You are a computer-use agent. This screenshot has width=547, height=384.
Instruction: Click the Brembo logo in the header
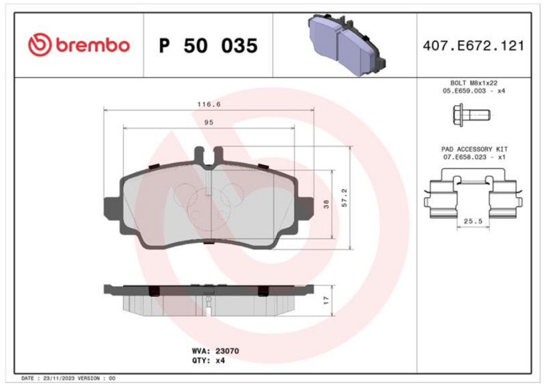(x=79, y=45)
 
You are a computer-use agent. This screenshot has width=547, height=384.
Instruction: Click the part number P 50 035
(x=209, y=46)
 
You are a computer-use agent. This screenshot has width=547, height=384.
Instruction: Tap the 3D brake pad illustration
(x=346, y=44)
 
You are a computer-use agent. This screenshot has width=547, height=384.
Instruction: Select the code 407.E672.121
(x=473, y=46)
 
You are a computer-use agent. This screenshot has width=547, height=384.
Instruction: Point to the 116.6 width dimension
(x=209, y=104)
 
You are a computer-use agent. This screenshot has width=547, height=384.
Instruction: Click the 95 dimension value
(x=209, y=123)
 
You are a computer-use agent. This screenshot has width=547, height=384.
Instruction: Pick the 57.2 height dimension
(x=345, y=198)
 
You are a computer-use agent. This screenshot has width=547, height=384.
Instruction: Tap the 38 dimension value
(x=326, y=204)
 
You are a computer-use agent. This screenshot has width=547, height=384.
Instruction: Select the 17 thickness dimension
(x=326, y=300)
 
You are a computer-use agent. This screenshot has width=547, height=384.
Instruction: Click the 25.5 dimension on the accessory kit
(x=473, y=221)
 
